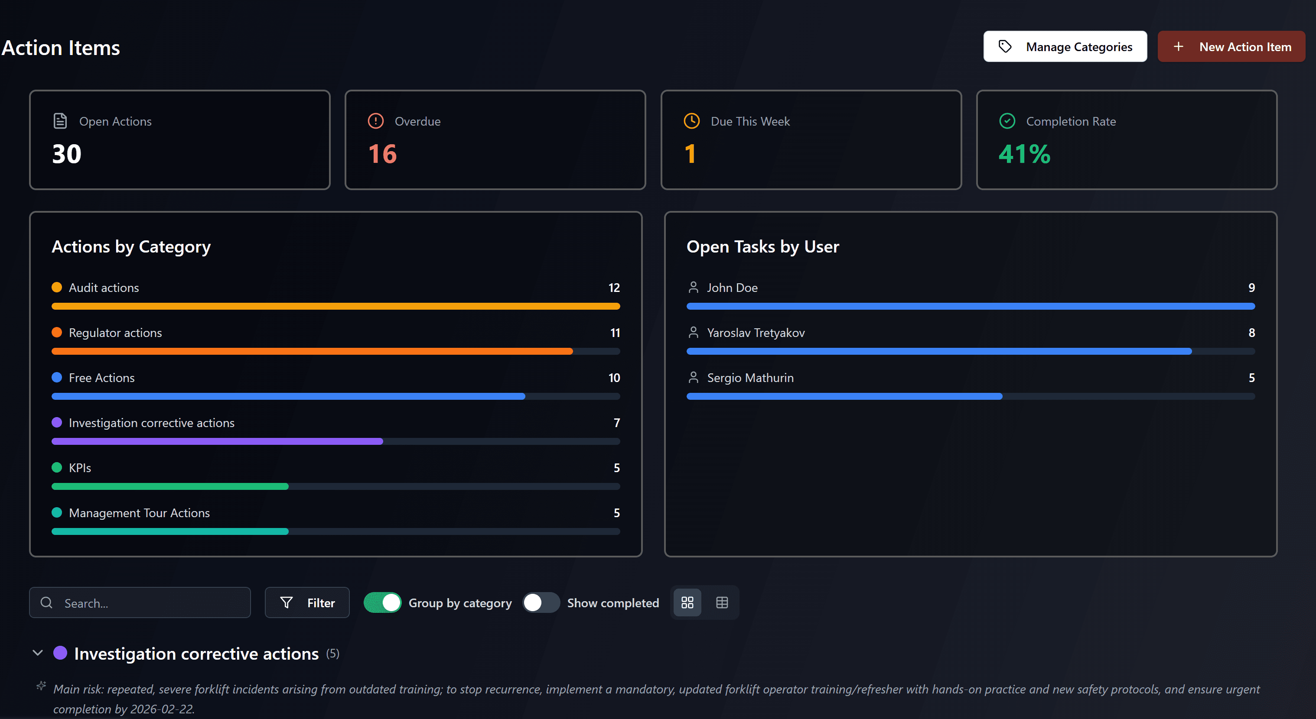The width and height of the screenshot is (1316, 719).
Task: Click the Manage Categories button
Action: click(x=1065, y=46)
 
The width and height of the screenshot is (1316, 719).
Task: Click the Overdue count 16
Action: click(x=382, y=154)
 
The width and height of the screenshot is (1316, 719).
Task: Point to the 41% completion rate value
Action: click(x=1024, y=154)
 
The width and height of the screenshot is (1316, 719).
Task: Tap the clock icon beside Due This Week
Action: click(x=691, y=121)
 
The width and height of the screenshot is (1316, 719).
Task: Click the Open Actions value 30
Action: click(x=67, y=154)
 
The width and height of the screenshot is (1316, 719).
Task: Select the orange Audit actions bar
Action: click(x=335, y=306)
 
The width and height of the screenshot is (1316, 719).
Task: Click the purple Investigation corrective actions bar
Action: click(x=217, y=441)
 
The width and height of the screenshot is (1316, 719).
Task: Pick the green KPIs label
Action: click(x=80, y=468)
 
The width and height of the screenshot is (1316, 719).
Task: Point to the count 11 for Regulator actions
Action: click(x=615, y=333)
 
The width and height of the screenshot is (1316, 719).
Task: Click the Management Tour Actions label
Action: click(x=139, y=513)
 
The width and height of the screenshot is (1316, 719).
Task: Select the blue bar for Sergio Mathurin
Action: click(x=844, y=396)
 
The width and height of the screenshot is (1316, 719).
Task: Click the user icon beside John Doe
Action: click(x=693, y=288)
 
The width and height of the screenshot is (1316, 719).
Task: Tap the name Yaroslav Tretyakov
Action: click(x=756, y=333)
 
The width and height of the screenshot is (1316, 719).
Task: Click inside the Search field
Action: click(x=148, y=602)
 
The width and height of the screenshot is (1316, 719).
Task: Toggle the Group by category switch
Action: click(x=382, y=602)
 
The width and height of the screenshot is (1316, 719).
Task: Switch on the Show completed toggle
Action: click(x=541, y=602)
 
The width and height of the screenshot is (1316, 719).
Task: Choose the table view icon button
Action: click(x=722, y=602)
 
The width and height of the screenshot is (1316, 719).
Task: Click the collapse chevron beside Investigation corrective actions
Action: click(x=37, y=653)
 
